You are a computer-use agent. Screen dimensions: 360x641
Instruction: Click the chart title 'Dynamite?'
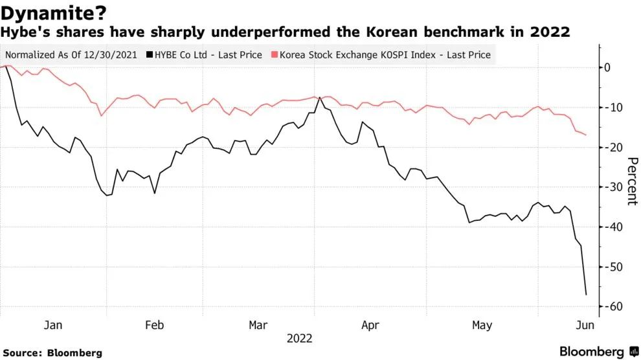click(54, 12)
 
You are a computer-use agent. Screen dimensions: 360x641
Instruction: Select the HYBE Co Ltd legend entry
click(205, 55)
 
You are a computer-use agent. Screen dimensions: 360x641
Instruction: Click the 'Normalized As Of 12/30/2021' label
click(71, 55)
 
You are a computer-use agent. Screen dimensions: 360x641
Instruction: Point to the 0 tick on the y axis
click(607, 67)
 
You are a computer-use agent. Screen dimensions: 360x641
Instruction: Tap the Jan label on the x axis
click(53, 325)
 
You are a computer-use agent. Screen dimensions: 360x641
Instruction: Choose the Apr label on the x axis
click(370, 325)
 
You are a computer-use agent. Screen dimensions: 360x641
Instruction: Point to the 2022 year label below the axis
click(300, 339)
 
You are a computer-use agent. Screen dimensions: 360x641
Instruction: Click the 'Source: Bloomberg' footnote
click(51, 353)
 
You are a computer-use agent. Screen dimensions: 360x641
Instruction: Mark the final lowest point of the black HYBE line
click(586, 295)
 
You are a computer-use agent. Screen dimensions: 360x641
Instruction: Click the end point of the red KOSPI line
click(586, 135)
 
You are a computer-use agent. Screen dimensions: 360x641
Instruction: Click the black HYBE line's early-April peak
click(319, 98)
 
